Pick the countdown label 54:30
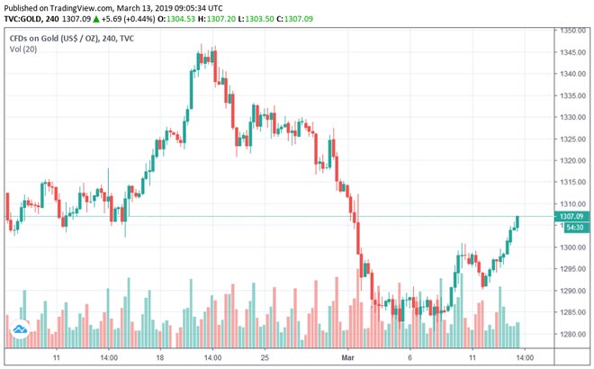[569, 228]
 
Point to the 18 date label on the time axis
[159, 356]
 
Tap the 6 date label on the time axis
[410, 356]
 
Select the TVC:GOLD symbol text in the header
[27, 17]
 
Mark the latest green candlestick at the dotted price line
[518, 221]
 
